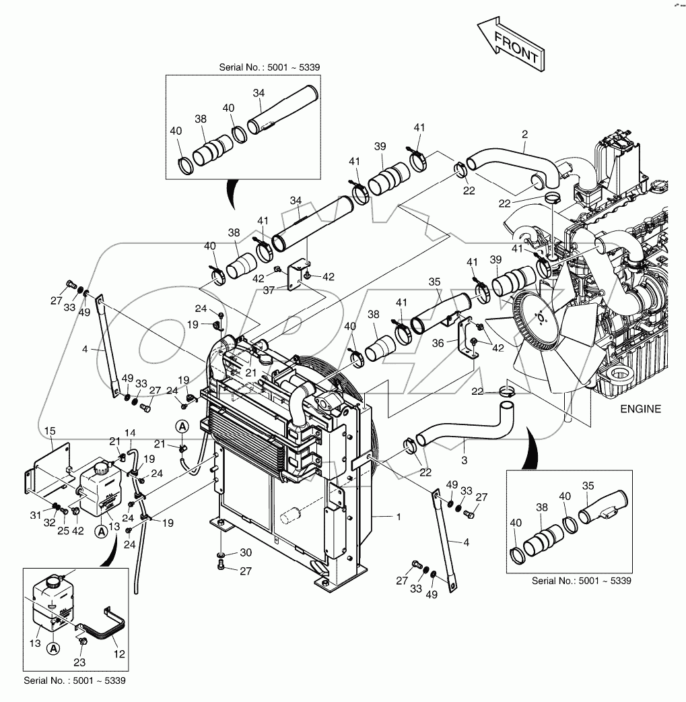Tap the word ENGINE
(x=640, y=409)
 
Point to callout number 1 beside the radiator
(x=399, y=516)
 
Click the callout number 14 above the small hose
(x=130, y=432)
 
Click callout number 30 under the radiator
(x=246, y=552)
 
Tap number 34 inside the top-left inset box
(x=259, y=92)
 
